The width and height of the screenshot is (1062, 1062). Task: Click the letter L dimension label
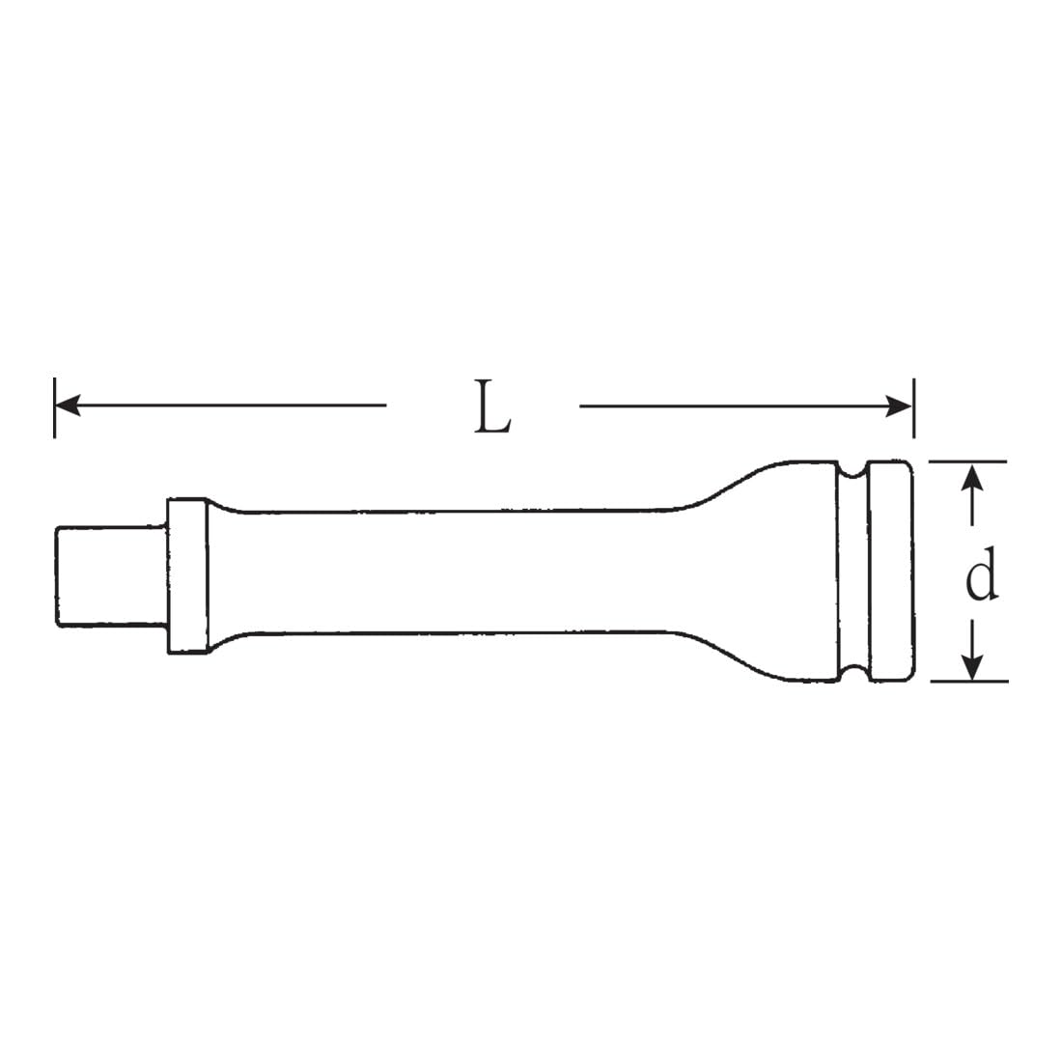(x=493, y=406)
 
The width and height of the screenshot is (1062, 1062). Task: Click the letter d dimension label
(x=981, y=575)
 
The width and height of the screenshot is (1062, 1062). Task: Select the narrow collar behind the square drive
(x=186, y=575)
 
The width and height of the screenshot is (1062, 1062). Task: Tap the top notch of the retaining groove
(x=852, y=470)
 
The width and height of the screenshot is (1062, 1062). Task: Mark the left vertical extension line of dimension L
(x=55, y=406)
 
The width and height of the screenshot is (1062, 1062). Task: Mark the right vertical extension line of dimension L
(x=912, y=406)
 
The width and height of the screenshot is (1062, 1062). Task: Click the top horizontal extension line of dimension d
(x=968, y=461)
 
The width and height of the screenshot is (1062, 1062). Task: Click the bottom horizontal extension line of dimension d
(x=968, y=682)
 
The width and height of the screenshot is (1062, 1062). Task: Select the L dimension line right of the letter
(x=734, y=406)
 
